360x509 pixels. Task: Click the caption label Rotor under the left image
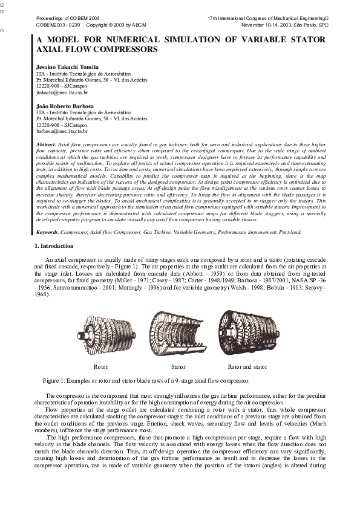pyautogui.click(x=101, y=366)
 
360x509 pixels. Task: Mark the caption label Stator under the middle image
pyautogui.click(x=178, y=366)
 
